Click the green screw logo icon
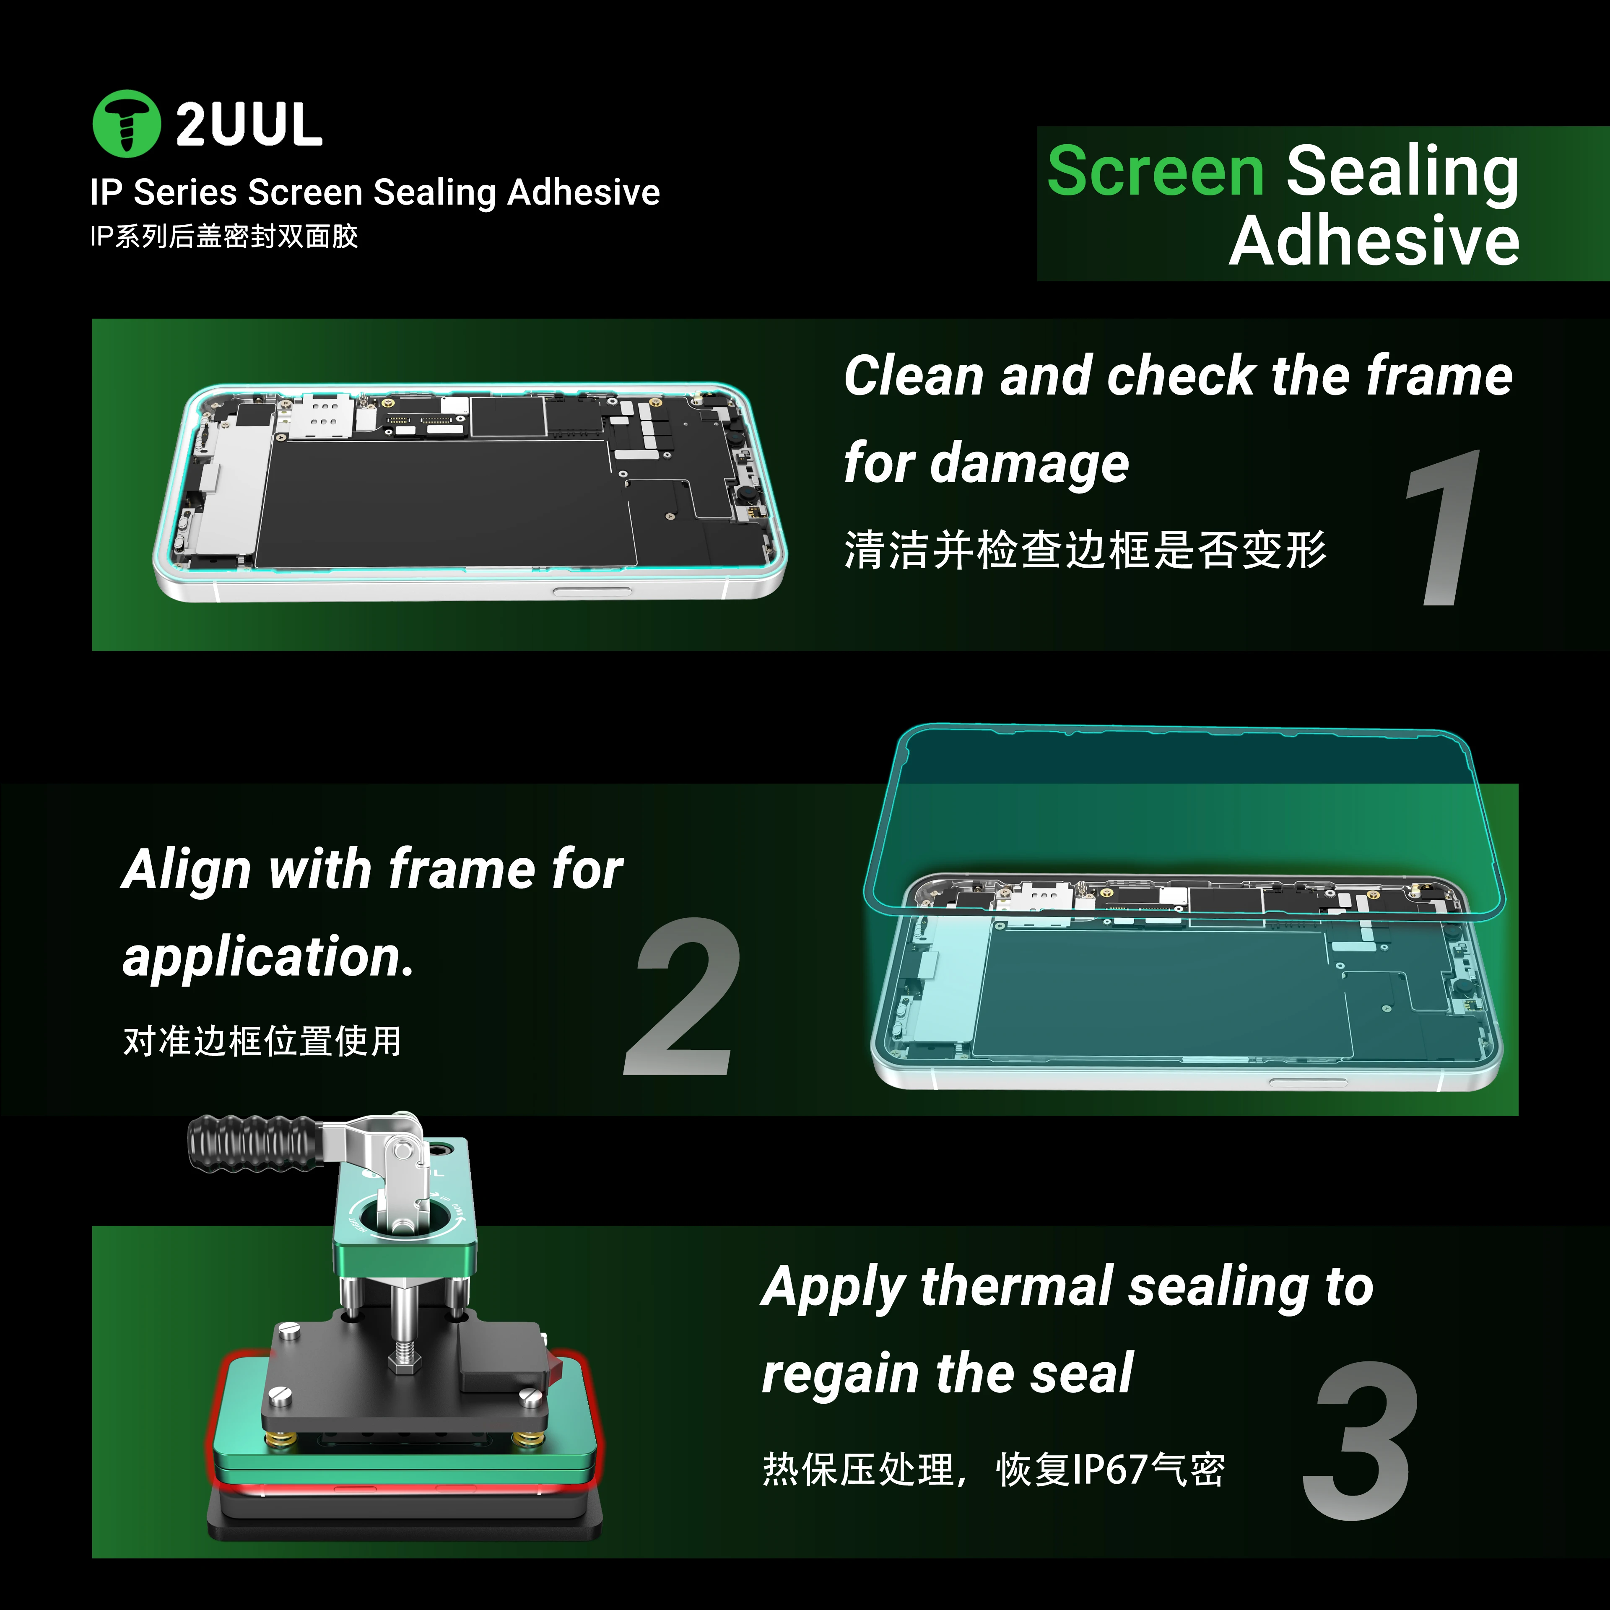[x=126, y=123]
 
